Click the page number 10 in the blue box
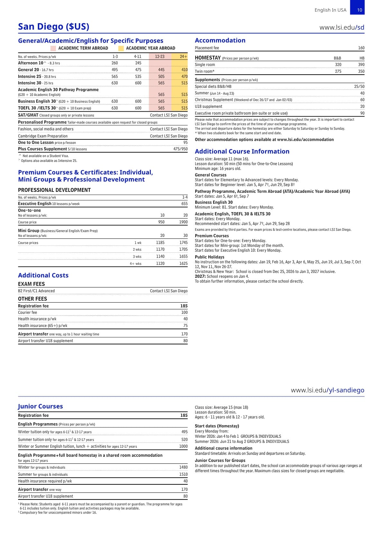[360, 10]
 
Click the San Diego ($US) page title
[54, 27]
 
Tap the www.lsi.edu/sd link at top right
[342, 27]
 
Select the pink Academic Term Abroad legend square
[53, 48]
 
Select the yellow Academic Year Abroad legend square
[121, 48]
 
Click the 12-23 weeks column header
[160, 57]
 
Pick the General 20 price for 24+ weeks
[184, 70]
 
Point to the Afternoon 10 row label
[31, 63]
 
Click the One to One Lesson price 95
[185, 143]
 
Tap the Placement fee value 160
[361, 48]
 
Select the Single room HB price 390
[361, 65]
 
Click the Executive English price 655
[184, 204]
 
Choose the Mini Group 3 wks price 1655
[183, 257]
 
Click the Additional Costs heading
[43, 276]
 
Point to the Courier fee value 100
[184, 313]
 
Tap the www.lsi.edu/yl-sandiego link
[327, 390]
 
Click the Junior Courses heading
[40, 406]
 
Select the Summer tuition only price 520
[184, 440]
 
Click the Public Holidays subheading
[209, 257]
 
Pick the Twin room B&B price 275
[338, 71]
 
